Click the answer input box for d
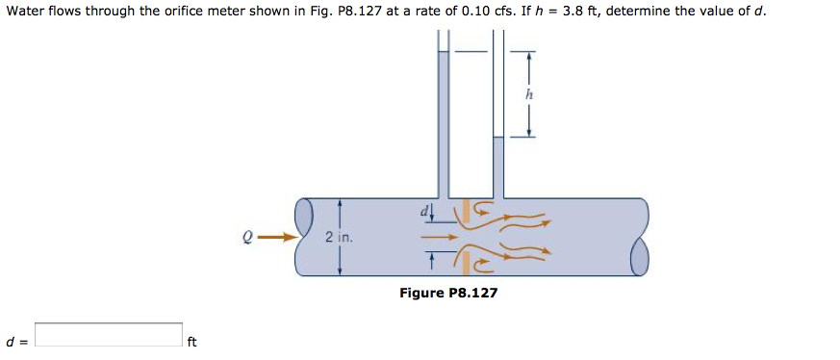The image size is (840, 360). click(109, 335)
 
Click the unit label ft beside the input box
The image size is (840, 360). click(191, 341)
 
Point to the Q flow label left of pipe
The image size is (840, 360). click(247, 235)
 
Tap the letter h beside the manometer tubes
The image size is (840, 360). click(528, 94)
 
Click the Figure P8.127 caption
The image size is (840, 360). click(448, 293)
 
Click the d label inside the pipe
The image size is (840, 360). click(422, 208)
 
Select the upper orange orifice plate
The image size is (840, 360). click(466, 211)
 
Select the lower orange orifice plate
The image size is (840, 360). click(466, 261)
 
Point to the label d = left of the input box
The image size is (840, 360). click(15, 341)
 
